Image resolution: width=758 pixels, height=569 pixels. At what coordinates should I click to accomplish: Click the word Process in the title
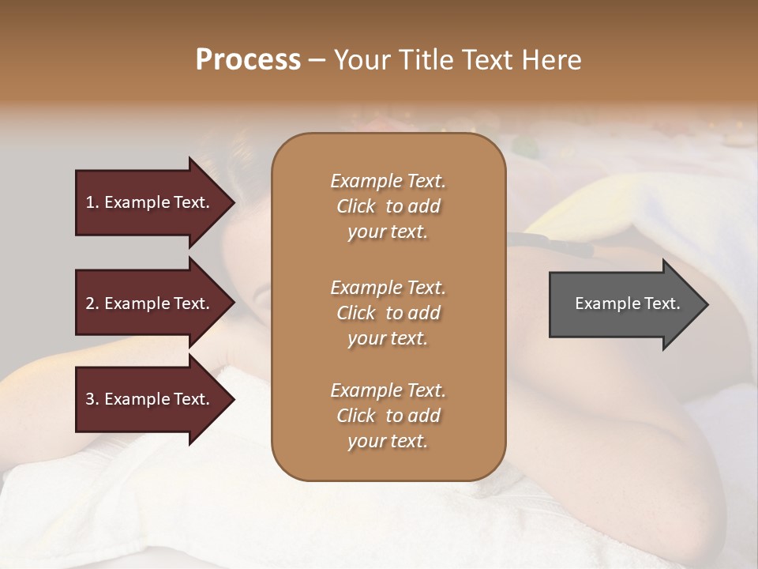pos(248,59)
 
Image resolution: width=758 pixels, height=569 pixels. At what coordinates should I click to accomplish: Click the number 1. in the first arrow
pos(92,202)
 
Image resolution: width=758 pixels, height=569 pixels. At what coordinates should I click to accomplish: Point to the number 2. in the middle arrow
pos(92,303)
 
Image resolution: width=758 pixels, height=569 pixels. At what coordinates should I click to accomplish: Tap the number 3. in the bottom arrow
pos(92,399)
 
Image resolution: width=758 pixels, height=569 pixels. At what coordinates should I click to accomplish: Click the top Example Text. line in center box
pos(388,181)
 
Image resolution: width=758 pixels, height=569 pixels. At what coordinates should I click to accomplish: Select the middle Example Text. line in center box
pos(388,288)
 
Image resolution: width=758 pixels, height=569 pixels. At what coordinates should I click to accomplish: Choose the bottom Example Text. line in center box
pos(388,390)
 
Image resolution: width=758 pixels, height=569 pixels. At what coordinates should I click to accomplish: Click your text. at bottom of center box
pos(388,442)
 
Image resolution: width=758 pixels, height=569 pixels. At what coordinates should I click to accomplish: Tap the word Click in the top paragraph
pos(356,206)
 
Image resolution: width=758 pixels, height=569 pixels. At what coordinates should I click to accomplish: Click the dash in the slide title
pos(317,61)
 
